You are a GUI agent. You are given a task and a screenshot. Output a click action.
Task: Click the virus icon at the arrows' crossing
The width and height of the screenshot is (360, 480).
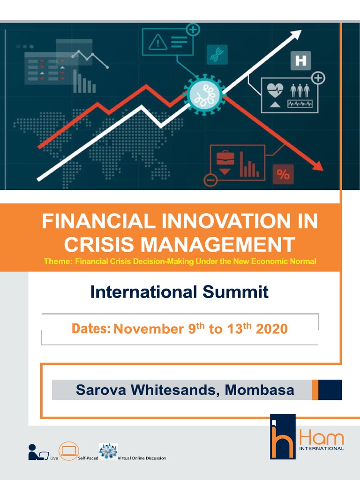pyautogui.click(x=204, y=93)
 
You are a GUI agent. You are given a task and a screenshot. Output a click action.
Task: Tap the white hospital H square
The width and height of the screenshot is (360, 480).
pyautogui.click(x=301, y=61)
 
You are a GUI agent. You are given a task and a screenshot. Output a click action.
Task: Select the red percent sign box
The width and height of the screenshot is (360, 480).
pyautogui.click(x=283, y=174)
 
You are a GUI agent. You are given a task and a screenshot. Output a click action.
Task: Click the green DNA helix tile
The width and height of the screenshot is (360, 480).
pyautogui.click(x=217, y=55)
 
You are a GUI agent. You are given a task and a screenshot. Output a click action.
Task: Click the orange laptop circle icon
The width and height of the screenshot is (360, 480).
pyautogui.click(x=68, y=450)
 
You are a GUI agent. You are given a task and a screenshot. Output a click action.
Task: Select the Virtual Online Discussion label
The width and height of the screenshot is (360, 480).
pyautogui.click(x=144, y=458)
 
